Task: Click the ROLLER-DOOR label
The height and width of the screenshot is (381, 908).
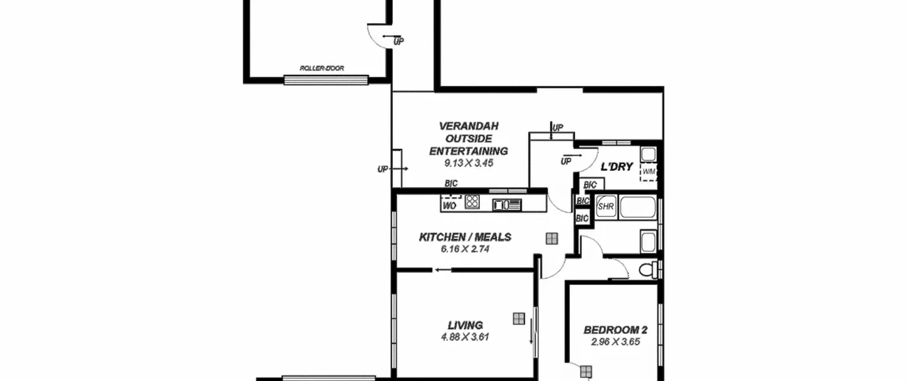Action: [x=322, y=68]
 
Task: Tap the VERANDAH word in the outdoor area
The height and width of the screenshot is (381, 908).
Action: [x=469, y=126]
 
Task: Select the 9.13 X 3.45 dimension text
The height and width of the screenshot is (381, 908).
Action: [x=469, y=163]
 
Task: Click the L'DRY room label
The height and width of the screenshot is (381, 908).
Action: [x=616, y=167]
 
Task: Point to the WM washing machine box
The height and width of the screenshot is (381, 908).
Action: [x=649, y=172]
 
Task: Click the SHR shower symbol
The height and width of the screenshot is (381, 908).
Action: [x=606, y=206]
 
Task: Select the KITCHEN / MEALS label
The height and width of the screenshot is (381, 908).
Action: [x=465, y=237]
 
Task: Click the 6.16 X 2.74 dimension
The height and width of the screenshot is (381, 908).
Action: [x=465, y=249]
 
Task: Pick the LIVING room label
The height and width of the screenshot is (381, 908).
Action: [x=465, y=325]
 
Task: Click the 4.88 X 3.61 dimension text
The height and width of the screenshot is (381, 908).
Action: [x=465, y=337]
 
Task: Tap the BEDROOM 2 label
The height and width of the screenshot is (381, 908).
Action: [x=615, y=330]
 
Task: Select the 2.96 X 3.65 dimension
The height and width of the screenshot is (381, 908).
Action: [x=615, y=342]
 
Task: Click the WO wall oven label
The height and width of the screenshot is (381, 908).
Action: [x=449, y=206]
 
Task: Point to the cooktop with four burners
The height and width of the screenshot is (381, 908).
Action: [x=472, y=202]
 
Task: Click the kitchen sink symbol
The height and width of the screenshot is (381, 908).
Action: [x=506, y=205]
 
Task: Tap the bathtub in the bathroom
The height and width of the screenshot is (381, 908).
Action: [x=637, y=207]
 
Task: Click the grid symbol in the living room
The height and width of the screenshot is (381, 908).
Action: [x=519, y=319]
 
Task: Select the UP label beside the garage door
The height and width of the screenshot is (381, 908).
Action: [x=398, y=42]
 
